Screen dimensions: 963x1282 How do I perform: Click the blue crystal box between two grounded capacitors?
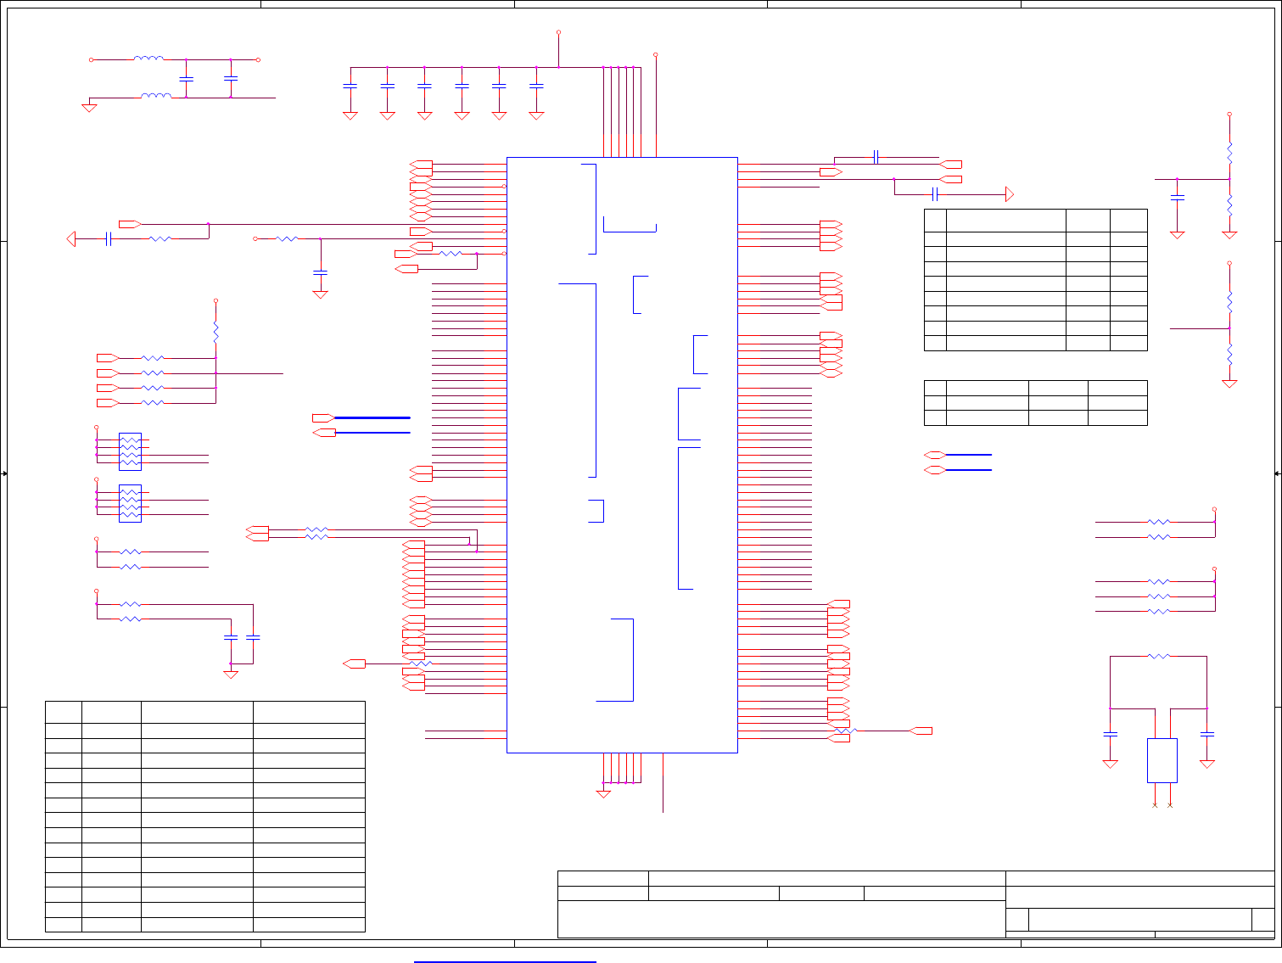(x=1162, y=760)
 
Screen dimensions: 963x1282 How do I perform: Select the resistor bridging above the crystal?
(x=1158, y=656)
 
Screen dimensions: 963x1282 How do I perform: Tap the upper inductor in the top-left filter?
(x=148, y=59)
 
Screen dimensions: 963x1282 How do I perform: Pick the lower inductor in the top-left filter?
(x=155, y=97)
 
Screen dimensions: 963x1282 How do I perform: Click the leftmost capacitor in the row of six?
(x=350, y=86)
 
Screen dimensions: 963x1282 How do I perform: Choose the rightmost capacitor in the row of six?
(x=535, y=86)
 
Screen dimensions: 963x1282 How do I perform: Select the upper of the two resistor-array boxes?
(x=130, y=451)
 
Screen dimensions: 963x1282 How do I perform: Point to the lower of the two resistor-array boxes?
(x=130, y=503)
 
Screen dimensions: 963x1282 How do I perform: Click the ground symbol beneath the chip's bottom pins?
(x=603, y=794)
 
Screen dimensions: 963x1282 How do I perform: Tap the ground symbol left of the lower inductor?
(x=89, y=108)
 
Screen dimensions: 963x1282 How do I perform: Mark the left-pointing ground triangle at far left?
(x=71, y=239)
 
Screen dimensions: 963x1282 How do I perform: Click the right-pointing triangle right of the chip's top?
(x=1010, y=194)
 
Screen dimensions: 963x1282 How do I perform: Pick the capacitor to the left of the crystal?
(x=1110, y=733)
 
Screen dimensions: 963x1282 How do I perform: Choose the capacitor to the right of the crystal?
(x=1207, y=733)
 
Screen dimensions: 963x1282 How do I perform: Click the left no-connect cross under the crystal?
(x=1155, y=804)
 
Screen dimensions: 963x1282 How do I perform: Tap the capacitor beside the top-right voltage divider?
(x=1177, y=197)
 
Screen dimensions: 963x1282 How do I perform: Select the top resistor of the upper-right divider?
(x=1229, y=154)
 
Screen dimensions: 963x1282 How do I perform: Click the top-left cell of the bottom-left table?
(x=63, y=712)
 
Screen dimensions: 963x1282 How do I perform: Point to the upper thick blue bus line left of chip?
(x=372, y=417)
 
